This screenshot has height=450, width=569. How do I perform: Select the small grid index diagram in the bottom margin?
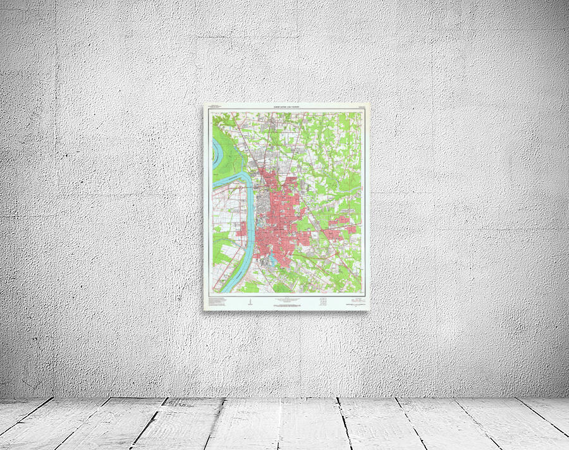(324, 300)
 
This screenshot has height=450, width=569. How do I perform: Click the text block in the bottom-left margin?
(218, 301)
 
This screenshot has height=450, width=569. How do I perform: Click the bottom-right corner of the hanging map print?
(369, 310)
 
